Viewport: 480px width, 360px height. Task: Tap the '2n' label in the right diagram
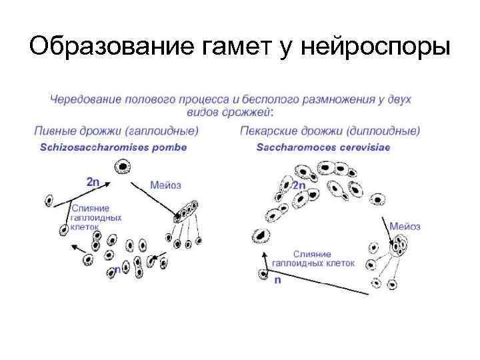coord(299,185)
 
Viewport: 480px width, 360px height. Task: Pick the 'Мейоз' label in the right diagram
coord(405,227)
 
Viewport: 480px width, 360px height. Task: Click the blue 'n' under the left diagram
coord(117,270)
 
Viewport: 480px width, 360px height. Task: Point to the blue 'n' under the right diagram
coord(277,281)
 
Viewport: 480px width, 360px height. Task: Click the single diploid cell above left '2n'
coord(123,167)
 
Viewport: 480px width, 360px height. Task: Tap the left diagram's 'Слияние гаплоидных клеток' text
coord(96,217)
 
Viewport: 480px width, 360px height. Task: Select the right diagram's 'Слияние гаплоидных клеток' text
coord(323,259)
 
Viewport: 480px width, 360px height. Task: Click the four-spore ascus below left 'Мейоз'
coord(187,211)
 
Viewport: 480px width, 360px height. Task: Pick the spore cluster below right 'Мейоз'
coord(399,247)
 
